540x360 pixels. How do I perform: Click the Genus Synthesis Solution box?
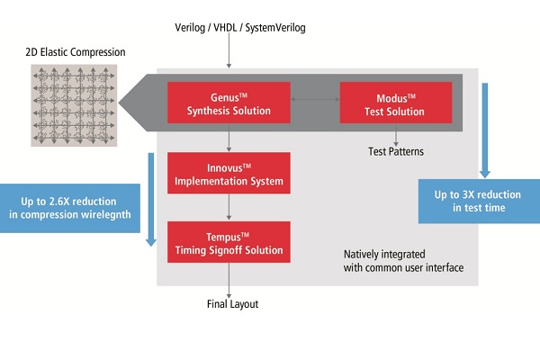(229, 103)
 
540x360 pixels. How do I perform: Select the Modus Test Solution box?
(396, 103)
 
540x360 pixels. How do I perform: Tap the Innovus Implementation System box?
(229, 173)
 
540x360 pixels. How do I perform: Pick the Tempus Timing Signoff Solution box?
(229, 242)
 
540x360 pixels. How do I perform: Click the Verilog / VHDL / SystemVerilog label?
(240, 28)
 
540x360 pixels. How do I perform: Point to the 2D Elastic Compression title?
(76, 52)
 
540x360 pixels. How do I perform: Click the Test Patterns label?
(396, 151)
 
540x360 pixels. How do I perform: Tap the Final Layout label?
(232, 304)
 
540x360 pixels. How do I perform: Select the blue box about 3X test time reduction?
(479, 202)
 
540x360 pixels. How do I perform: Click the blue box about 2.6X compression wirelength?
(70, 208)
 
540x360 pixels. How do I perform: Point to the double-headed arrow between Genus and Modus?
(315, 99)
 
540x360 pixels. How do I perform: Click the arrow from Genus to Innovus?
(229, 138)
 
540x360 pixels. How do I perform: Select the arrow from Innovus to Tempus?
(229, 207)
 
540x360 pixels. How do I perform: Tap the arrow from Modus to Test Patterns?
(396, 135)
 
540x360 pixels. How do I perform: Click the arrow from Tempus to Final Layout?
(229, 281)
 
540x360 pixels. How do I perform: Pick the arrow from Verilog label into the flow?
(229, 50)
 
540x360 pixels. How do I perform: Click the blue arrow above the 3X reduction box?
(485, 130)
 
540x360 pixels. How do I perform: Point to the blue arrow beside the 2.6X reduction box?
(151, 200)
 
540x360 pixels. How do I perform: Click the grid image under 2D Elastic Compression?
(74, 105)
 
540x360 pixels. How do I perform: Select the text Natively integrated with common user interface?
(403, 261)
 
